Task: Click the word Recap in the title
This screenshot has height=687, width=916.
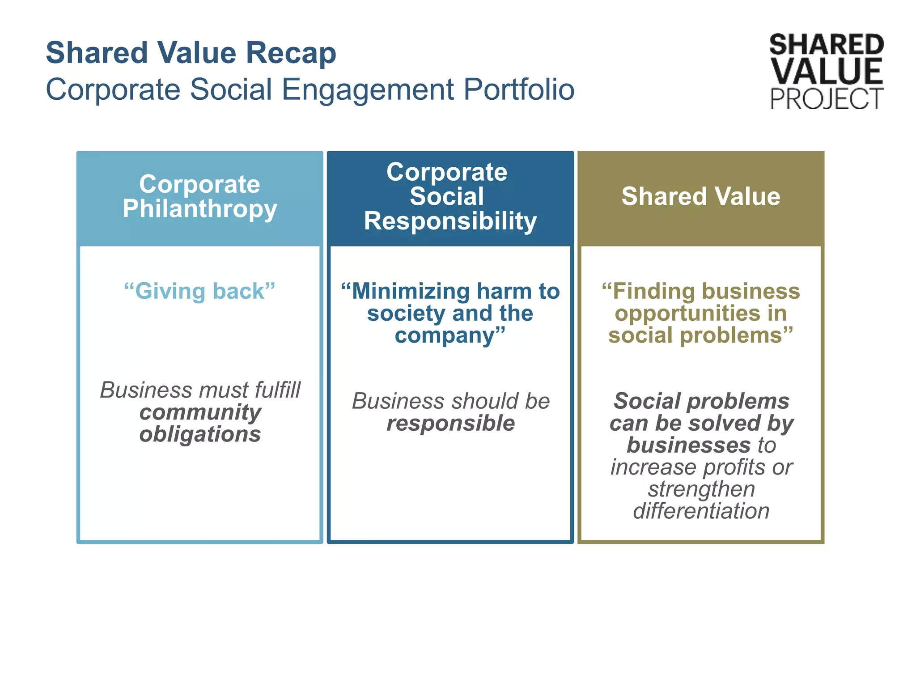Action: pos(291,53)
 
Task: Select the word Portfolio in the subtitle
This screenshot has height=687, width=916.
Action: pos(518,90)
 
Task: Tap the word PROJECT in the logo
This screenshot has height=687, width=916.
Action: pos(826,99)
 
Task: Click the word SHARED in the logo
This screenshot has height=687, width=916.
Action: pos(826,45)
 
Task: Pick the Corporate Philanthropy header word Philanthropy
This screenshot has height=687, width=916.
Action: pos(200,209)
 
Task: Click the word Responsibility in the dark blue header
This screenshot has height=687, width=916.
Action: pos(450,221)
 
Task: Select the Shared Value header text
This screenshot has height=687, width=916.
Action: pos(700,197)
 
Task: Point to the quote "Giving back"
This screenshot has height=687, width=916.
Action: pos(199,291)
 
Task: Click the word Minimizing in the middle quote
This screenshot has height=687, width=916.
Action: pos(410,291)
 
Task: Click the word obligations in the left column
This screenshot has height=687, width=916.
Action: pos(200,434)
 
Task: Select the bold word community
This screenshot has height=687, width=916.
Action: pos(200,412)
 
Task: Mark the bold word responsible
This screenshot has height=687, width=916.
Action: pos(450,423)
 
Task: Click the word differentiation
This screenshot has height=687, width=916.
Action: pos(701,511)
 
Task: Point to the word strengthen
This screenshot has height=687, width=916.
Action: pos(701,489)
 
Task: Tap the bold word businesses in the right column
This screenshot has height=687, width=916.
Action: pos(688,445)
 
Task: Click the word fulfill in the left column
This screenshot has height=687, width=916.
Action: pos(277,390)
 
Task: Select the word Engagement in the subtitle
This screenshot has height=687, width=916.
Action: pos(368,90)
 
